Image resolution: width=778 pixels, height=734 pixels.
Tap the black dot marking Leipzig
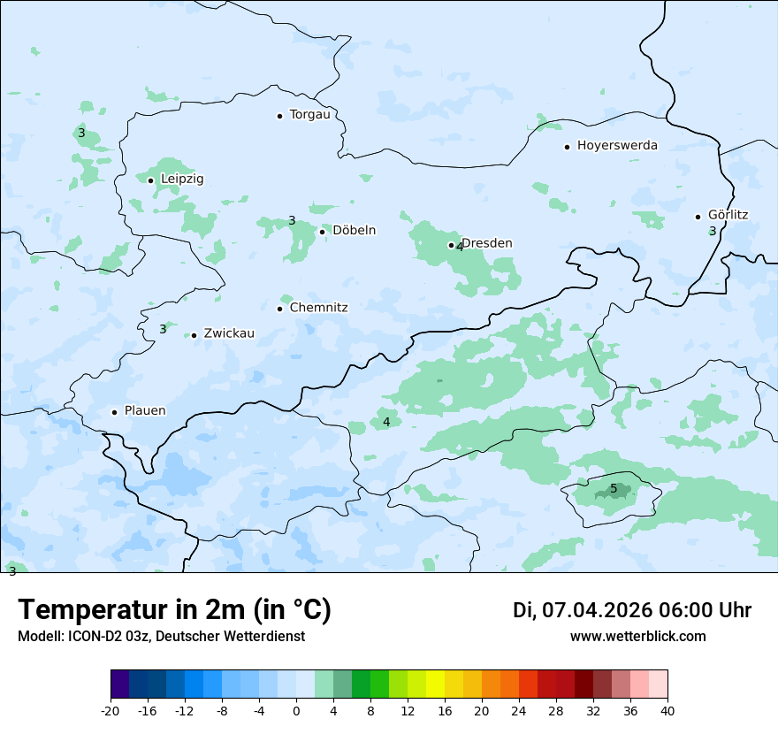tap(150, 180)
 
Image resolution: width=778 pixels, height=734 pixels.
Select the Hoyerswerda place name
tap(617, 146)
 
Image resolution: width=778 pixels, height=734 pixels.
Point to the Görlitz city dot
tap(698, 217)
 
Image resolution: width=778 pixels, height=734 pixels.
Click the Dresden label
tap(487, 243)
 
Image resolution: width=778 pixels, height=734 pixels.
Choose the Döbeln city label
tap(354, 231)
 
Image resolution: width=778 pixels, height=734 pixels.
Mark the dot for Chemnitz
tap(279, 309)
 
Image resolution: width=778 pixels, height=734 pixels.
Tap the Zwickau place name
tap(229, 334)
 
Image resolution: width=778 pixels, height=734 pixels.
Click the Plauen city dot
tap(114, 412)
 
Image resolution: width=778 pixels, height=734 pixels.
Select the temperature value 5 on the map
tap(614, 489)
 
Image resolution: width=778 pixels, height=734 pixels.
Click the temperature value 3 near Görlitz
tap(713, 232)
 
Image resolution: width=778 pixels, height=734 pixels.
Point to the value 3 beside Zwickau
tap(163, 330)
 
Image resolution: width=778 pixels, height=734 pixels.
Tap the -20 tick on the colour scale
tap(111, 711)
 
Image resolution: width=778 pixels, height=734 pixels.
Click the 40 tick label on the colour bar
tap(667, 711)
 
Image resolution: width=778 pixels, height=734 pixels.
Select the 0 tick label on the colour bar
tap(296, 711)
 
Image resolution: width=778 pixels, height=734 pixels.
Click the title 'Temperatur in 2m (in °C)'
tap(175, 610)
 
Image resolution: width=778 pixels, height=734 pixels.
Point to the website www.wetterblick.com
tap(637, 637)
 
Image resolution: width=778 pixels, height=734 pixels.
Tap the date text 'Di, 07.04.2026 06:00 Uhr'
tap(632, 610)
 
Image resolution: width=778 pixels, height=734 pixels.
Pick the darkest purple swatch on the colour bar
tap(119, 684)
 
